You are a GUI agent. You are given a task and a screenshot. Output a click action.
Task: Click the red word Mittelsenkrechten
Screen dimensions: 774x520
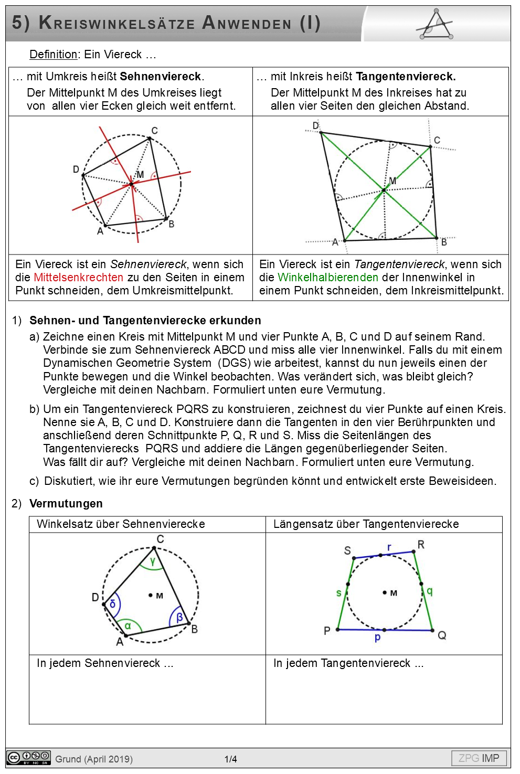click(78, 277)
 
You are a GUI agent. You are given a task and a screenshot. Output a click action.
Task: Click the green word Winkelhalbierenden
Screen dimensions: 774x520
click(327, 277)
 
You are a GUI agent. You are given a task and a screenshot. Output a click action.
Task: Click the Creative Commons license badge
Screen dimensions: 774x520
click(28, 758)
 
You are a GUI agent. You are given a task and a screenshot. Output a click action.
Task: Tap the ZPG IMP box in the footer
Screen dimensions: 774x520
click(479, 758)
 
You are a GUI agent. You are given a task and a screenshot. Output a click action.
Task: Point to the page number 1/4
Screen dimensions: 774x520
click(230, 759)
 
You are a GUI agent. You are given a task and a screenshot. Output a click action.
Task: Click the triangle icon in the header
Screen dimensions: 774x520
click(436, 25)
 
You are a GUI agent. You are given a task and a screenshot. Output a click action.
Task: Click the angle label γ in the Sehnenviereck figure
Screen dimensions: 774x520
click(152, 561)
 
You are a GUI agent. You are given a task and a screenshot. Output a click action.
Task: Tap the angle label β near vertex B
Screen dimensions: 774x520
click(179, 618)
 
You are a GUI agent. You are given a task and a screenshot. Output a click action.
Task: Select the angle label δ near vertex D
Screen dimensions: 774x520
click(112, 604)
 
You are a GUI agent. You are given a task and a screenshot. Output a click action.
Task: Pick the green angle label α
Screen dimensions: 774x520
click(128, 625)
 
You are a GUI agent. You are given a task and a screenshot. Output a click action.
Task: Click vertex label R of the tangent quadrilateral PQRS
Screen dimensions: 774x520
click(421, 544)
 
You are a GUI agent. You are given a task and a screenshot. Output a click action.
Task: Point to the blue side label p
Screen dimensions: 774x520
click(377, 638)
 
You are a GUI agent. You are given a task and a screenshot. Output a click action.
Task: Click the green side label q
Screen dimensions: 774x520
click(430, 591)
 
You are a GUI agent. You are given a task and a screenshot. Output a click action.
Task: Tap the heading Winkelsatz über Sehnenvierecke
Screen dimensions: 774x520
click(121, 524)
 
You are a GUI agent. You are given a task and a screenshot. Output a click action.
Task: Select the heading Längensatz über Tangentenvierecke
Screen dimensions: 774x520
click(366, 524)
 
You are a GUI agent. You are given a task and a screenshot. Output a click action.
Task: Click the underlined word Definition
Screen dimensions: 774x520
click(53, 55)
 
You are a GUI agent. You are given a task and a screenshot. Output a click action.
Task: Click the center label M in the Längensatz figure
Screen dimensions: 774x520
click(394, 593)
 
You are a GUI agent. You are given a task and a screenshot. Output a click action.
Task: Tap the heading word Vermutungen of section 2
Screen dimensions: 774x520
click(66, 503)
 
